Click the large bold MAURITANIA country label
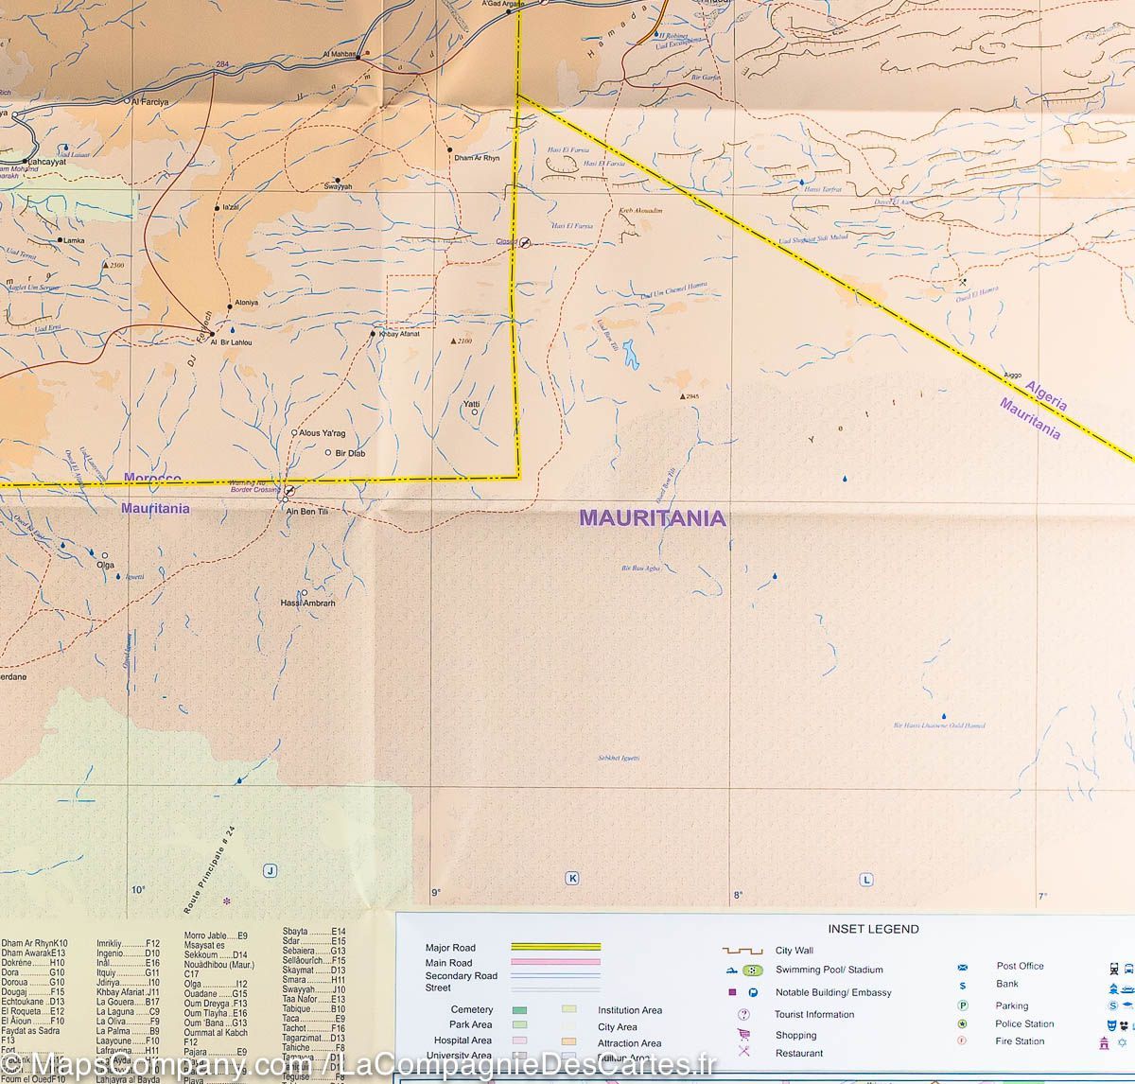pos(652,518)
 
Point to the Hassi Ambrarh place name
pos(307,603)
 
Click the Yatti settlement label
pos(471,404)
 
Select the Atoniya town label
pos(245,303)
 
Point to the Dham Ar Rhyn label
pos(476,158)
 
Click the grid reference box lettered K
pos(571,879)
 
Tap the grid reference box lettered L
pos(865,879)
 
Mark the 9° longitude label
pos(436,892)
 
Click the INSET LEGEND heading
pos(860,929)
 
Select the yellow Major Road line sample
pos(555,946)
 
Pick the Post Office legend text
pos(1020,966)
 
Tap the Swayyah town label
pos(338,186)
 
